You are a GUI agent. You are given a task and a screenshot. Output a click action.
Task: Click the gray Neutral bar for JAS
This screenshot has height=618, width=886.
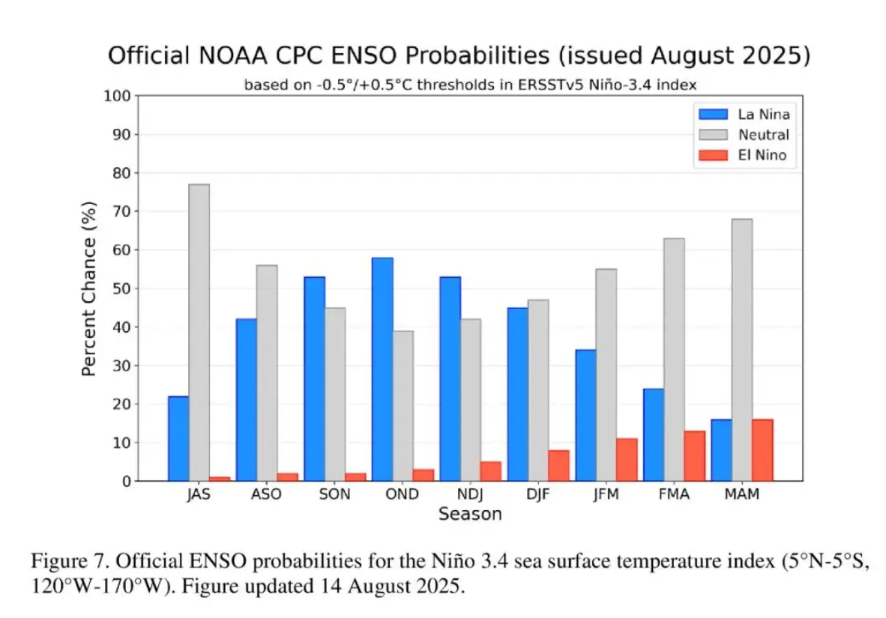coord(199,333)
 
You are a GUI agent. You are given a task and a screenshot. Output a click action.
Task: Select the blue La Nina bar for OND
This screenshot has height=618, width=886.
coord(382,369)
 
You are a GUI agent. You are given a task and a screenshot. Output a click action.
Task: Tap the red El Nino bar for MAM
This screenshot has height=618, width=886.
coord(762,450)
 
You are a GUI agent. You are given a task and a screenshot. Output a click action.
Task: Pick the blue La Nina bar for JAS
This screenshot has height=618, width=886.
coord(178,438)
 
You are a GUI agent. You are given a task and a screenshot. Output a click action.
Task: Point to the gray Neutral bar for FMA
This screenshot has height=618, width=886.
coord(674,360)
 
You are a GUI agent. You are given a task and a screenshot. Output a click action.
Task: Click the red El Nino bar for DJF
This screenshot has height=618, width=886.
coord(558,465)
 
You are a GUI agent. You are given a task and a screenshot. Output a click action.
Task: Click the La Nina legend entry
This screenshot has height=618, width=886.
coord(742,115)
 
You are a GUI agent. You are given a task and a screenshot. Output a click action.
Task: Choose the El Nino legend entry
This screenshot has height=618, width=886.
coord(742,155)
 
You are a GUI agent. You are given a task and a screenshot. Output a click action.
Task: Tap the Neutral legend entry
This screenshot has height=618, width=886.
coord(742,135)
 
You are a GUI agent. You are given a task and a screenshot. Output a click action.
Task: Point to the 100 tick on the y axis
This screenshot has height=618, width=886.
coord(120,96)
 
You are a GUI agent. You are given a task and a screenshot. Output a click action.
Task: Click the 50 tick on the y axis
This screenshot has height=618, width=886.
coord(123,288)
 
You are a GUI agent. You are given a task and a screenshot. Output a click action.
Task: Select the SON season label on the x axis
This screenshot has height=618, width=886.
coord(334,495)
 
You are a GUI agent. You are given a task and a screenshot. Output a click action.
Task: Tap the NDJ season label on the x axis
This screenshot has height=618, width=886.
coord(470,495)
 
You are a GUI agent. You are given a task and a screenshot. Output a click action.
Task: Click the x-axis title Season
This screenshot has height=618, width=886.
coord(470,515)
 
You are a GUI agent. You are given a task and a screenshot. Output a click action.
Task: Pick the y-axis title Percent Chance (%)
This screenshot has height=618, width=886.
coord(88,288)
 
